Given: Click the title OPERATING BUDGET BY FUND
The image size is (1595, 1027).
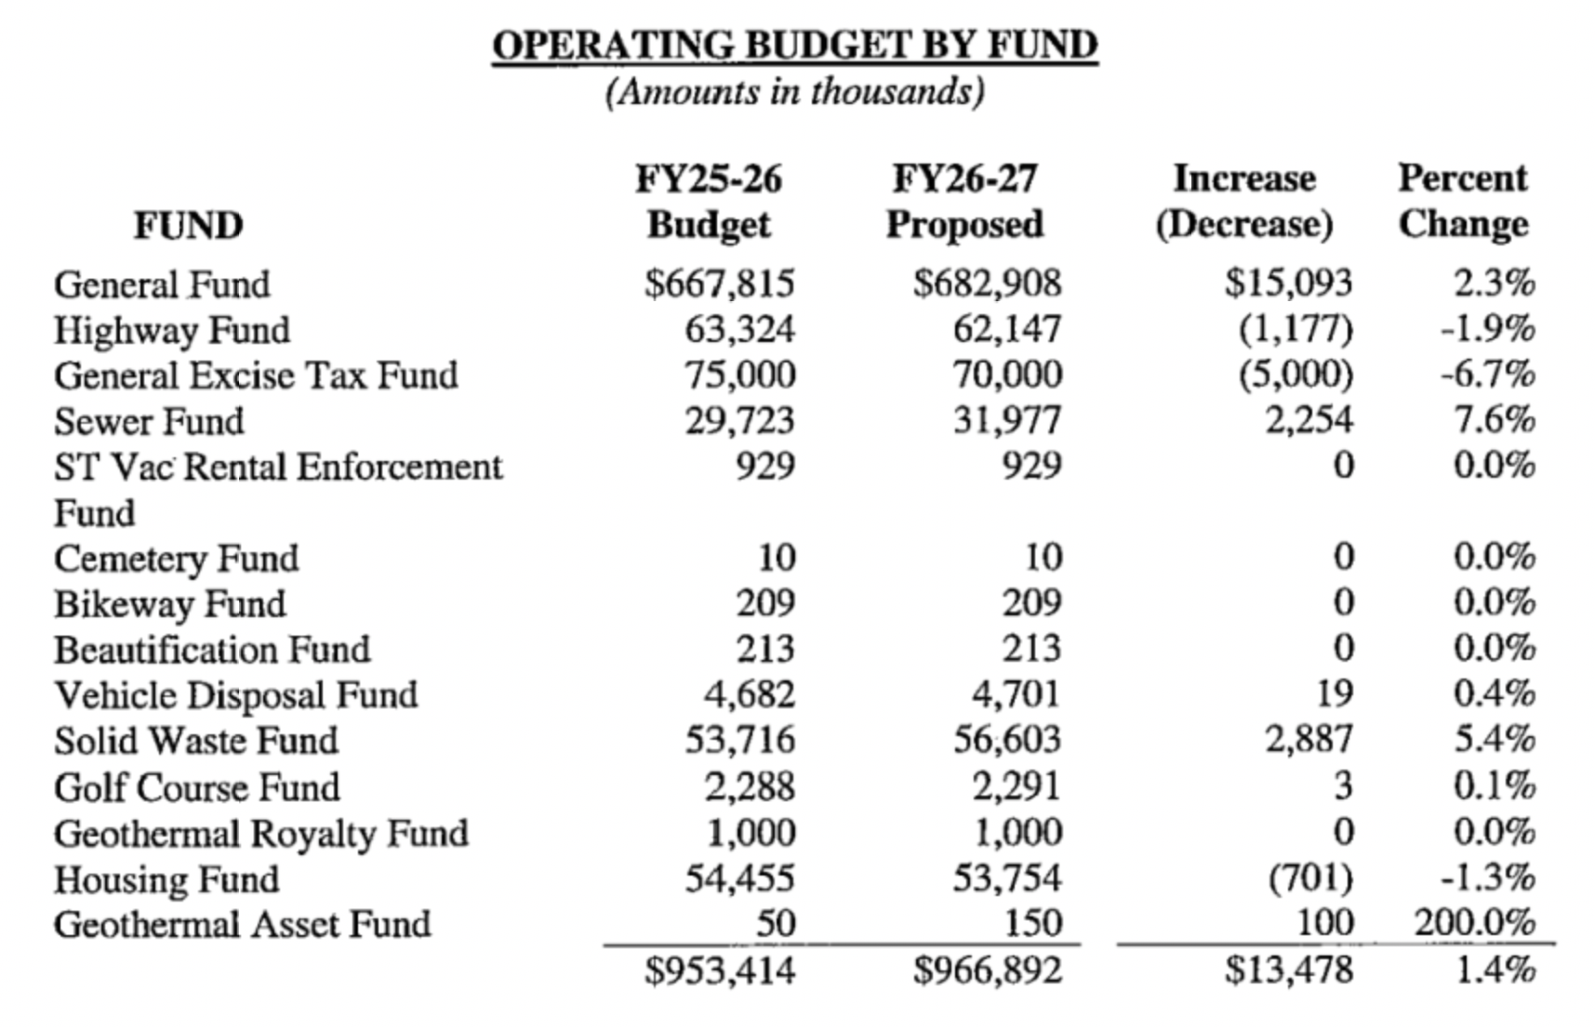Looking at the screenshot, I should click(x=794, y=45).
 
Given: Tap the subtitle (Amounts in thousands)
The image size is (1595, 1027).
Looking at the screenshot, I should click(x=794, y=92).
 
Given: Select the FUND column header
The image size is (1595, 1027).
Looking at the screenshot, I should click(x=188, y=225).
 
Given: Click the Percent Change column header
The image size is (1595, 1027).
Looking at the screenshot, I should click(x=1463, y=201).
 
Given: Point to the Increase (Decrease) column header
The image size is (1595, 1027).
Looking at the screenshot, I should click(x=1244, y=201).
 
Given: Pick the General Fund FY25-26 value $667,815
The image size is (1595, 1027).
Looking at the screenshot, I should click(x=720, y=283).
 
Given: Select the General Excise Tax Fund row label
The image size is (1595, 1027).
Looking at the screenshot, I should click(x=256, y=375).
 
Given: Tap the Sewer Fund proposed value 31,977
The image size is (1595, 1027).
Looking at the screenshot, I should click(x=1006, y=421).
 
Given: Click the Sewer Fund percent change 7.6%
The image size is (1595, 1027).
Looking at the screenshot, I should click(x=1495, y=420).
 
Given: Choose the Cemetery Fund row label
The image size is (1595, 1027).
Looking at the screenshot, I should click(x=177, y=559).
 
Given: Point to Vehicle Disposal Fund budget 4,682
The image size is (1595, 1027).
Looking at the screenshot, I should click(x=749, y=694).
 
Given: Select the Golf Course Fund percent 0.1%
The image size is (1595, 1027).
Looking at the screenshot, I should click(x=1495, y=786).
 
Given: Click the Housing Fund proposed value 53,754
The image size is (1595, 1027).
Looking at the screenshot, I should click(x=1006, y=878).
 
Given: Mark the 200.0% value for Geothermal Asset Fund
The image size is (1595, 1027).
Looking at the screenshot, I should click(x=1475, y=923).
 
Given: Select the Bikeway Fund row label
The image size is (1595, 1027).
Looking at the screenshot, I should click(x=170, y=604).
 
